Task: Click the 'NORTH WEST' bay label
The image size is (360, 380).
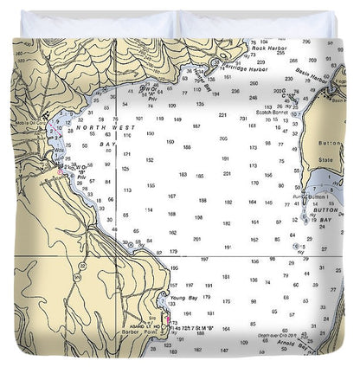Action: tap(96, 127)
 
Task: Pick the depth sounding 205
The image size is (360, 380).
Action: tap(222, 138)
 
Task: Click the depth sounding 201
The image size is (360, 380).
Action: tap(197, 238)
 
